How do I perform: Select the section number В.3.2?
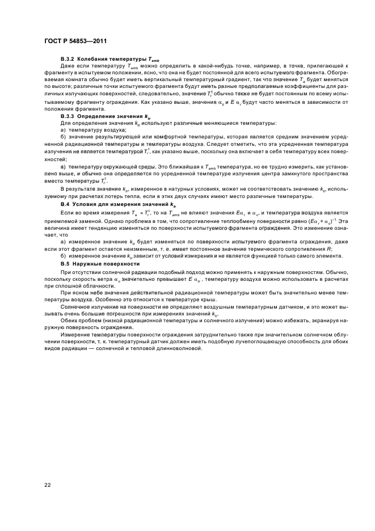point(68,58)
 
